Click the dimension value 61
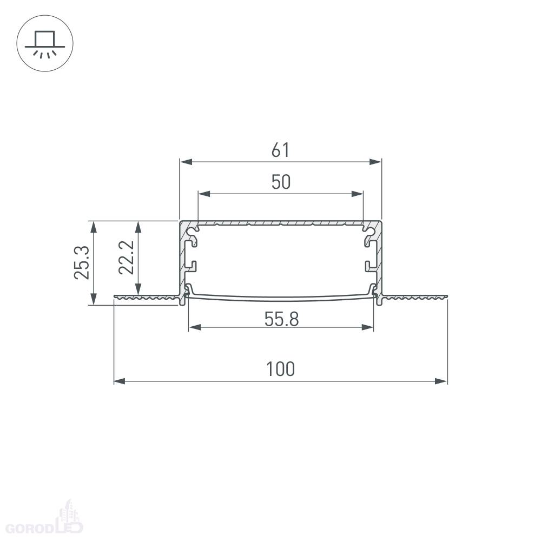pos(280,150)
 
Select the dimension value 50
pos(281,182)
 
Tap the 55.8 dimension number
pos(281,319)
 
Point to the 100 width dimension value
pos(280,369)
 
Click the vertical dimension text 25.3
pos(82,262)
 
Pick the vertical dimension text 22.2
pos(126,258)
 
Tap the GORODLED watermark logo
pos(44,520)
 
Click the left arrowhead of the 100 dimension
pos(120,381)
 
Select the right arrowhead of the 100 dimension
pos(441,381)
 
